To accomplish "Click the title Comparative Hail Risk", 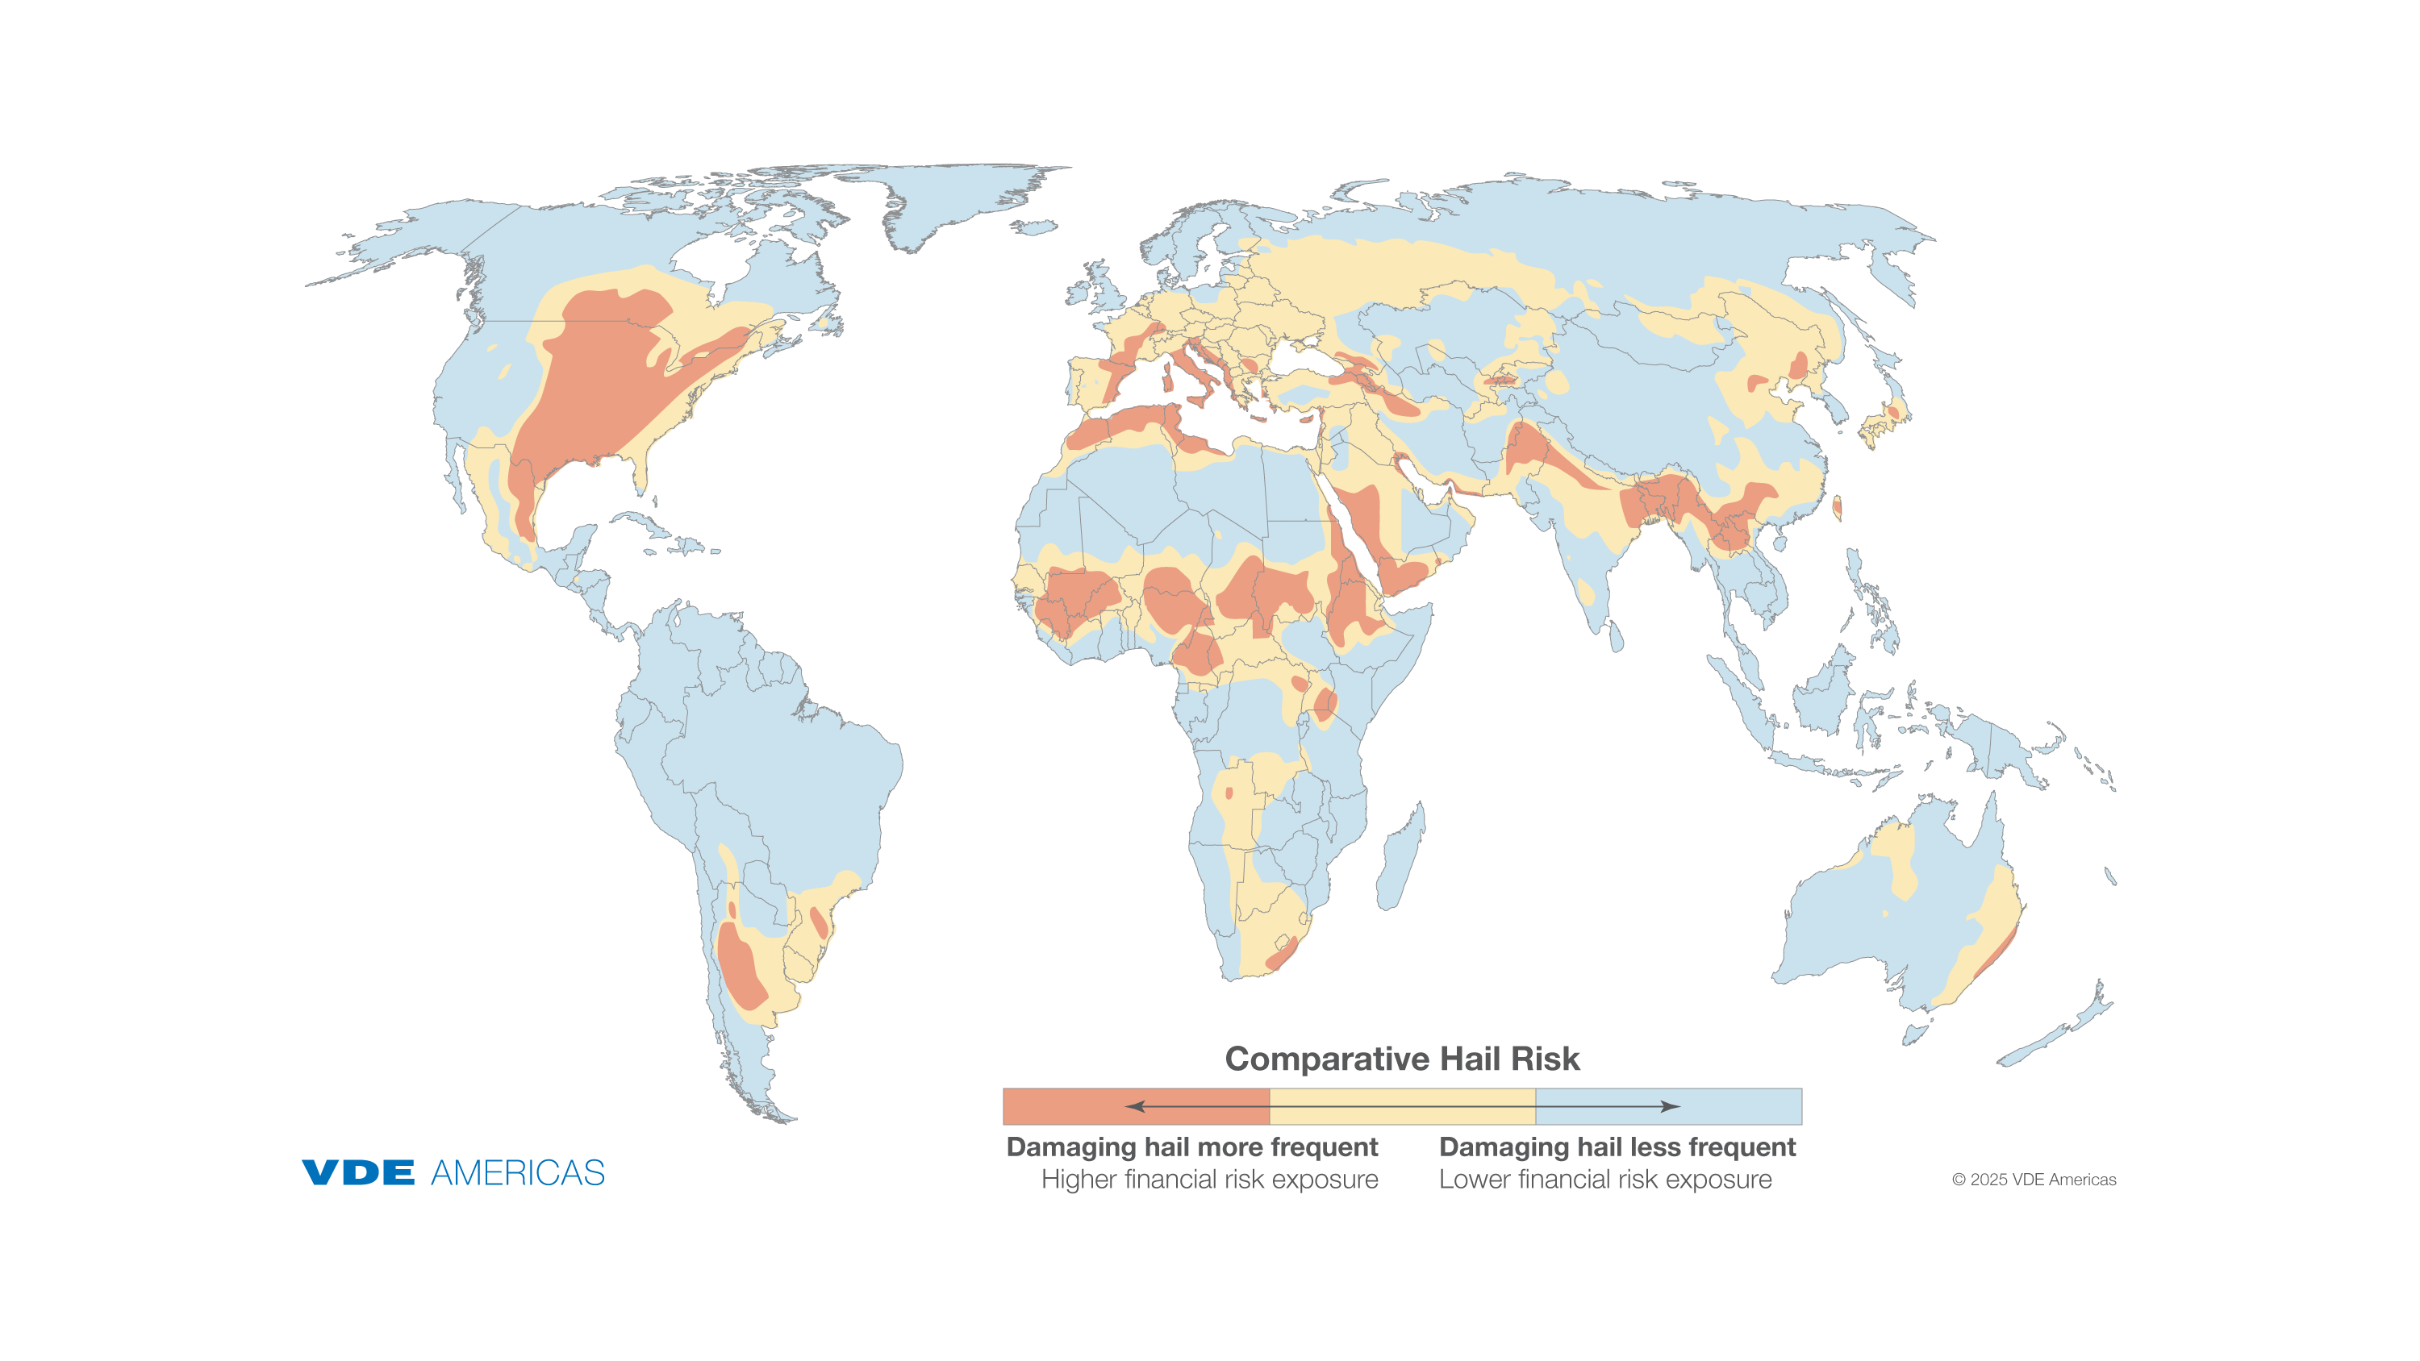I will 1402,1059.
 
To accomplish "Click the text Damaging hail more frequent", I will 1191,1147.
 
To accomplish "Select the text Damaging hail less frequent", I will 1617,1147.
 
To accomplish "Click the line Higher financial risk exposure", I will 1209,1180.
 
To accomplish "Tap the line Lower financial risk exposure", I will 1604,1180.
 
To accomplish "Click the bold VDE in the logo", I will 358,1172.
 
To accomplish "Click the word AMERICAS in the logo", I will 518,1172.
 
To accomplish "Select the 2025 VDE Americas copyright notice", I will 2034,1180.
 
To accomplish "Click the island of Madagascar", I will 1400,859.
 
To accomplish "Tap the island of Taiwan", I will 1838,508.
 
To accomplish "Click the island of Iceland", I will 1034,227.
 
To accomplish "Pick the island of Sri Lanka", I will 1617,638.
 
